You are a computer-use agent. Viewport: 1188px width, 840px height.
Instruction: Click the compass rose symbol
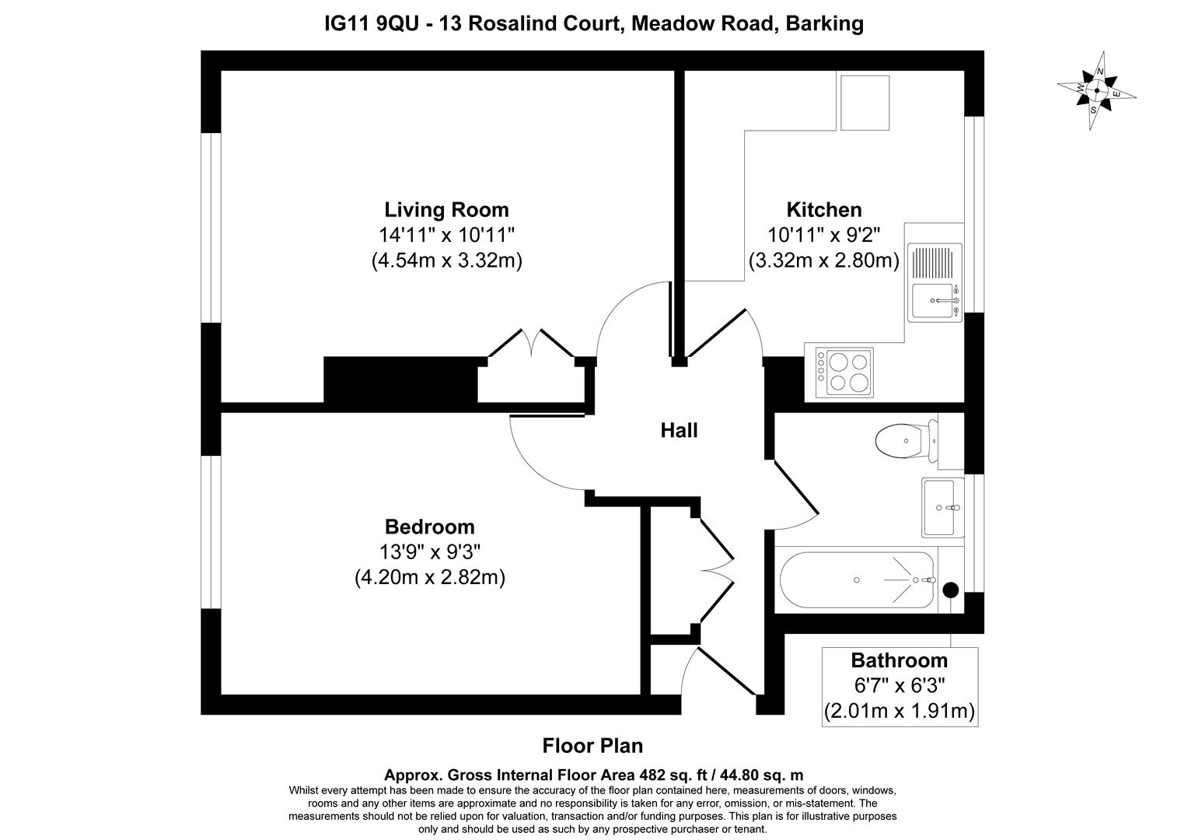pos(1096,91)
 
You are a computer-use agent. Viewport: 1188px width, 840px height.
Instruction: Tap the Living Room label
pos(446,209)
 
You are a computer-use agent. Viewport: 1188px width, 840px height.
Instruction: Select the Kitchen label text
pos(823,209)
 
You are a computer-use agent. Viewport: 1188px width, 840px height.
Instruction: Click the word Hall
pos(679,430)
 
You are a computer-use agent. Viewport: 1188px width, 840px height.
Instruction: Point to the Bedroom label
pos(430,527)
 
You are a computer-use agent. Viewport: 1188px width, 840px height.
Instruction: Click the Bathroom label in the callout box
pos(899,660)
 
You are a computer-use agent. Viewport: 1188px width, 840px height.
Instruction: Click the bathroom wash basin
pos(942,508)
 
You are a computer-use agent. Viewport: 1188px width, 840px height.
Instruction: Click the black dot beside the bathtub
pos(950,590)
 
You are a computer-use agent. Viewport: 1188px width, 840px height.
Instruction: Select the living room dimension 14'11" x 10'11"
pos(446,235)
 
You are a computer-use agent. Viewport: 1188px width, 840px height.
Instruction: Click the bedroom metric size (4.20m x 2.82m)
pos(430,578)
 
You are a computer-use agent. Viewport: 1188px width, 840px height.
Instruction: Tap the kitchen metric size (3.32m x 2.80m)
pos(823,261)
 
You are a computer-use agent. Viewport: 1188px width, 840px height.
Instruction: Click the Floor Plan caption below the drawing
pos(592,746)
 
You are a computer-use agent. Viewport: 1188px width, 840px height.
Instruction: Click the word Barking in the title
pos(824,24)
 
